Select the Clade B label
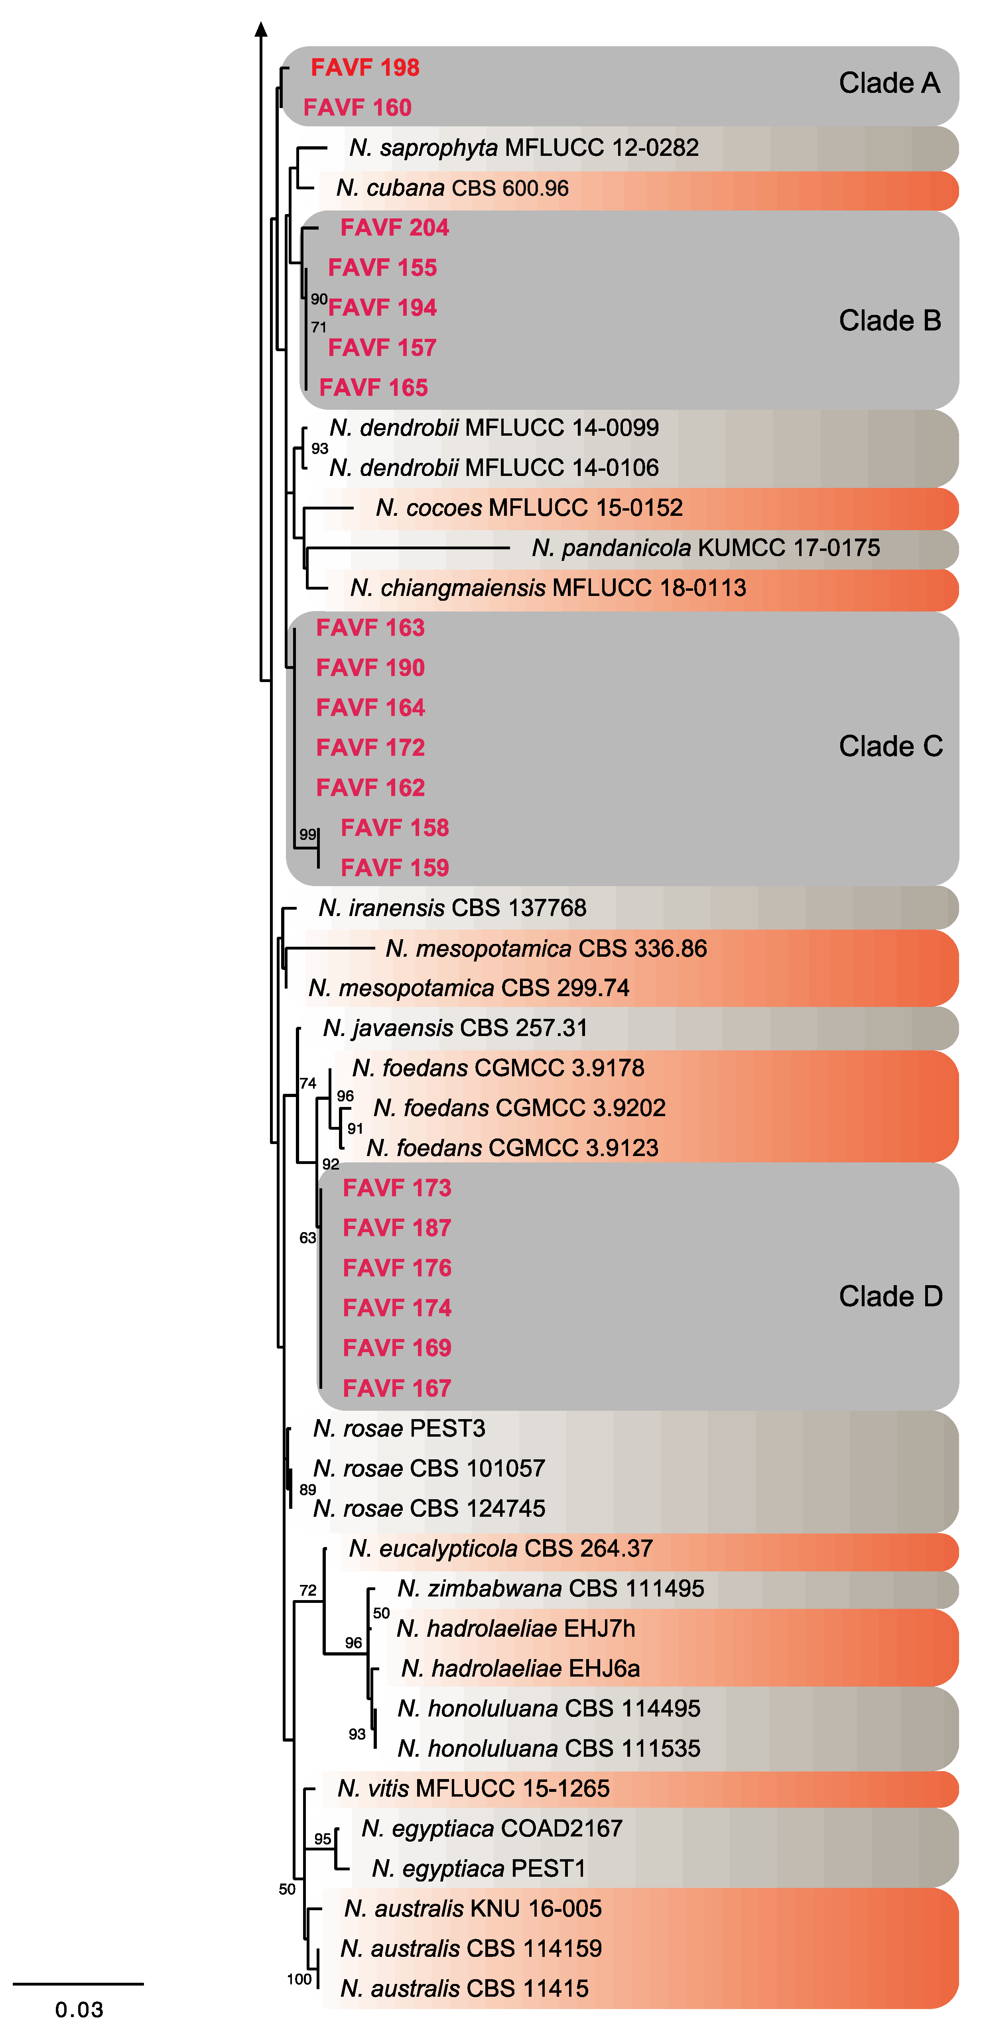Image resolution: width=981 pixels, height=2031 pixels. tap(890, 321)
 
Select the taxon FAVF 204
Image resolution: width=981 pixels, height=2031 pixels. tap(394, 228)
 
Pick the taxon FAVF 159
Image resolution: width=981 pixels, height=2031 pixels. tap(394, 868)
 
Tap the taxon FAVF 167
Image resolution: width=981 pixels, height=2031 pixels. tap(397, 1388)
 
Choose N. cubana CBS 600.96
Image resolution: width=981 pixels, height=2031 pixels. tap(452, 189)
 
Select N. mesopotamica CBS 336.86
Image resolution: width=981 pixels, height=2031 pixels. tap(546, 948)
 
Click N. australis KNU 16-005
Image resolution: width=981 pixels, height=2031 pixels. tap(473, 1909)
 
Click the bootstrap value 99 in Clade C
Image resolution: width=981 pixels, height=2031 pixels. tap(307, 834)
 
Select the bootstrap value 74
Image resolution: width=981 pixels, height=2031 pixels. tap(307, 1083)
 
